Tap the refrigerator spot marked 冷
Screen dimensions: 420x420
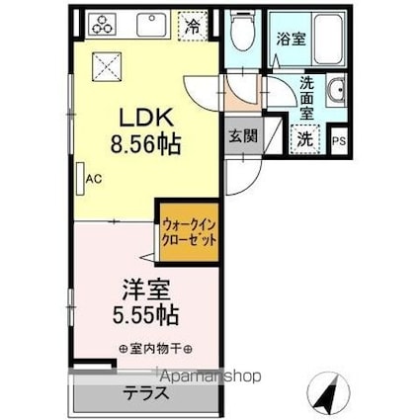(192, 27)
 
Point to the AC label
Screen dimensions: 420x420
(95, 179)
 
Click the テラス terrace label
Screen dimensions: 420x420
(145, 392)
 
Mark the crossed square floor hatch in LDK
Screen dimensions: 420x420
(106, 66)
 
